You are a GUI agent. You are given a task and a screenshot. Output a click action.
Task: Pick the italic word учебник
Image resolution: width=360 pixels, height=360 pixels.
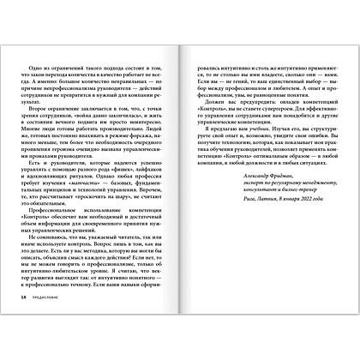[x=290, y=145]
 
